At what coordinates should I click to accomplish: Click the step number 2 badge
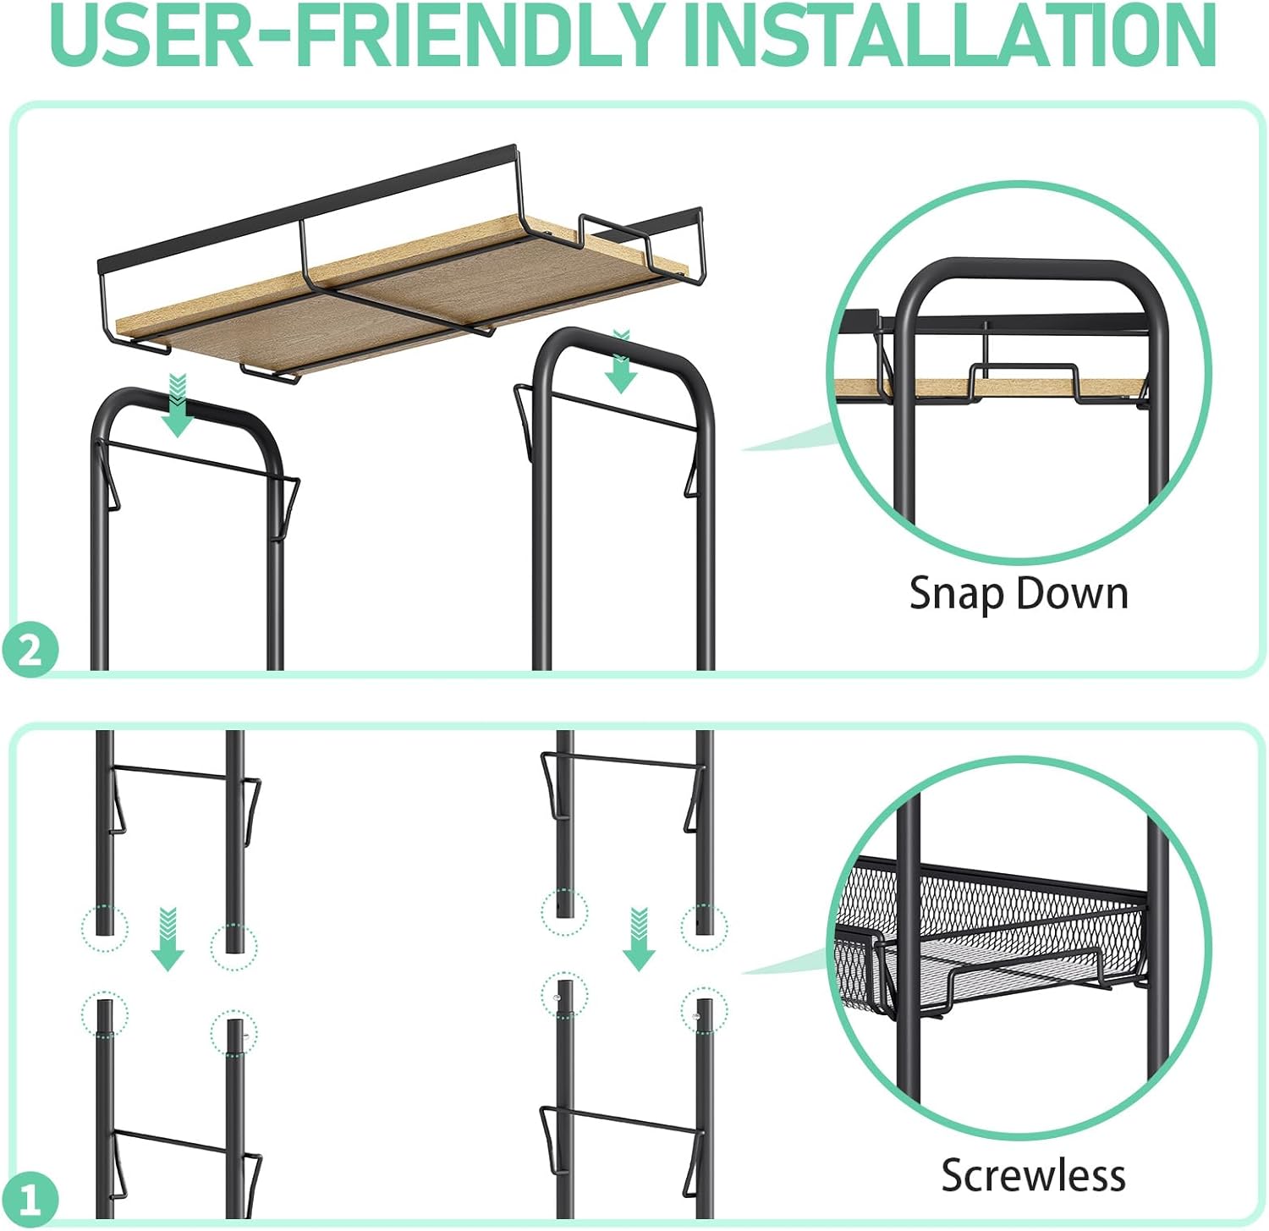coord(30,651)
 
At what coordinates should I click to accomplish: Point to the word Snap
coord(955,594)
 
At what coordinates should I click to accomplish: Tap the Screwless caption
coord(1033,1175)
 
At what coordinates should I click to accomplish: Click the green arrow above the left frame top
coord(178,406)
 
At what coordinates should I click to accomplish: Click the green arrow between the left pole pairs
coord(168,940)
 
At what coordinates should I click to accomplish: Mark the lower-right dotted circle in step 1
coord(703,1010)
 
